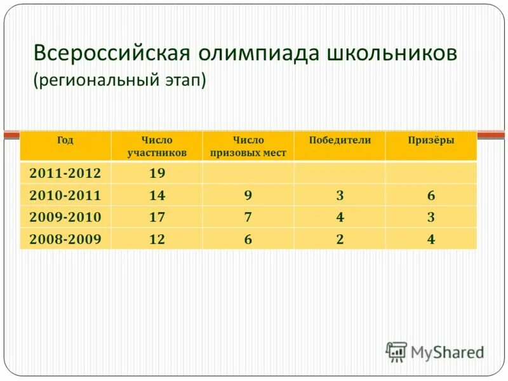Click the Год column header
coord(65,140)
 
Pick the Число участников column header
coord(157,146)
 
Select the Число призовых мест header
coord(248,146)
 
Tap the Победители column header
coord(340,140)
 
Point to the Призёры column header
coord(431,140)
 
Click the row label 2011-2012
coord(65,173)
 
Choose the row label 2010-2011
coord(65,195)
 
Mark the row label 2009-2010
coord(65,217)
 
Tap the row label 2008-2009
coord(65,239)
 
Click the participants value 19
coord(157,173)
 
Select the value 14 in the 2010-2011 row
coord(157,195)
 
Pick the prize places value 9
coord(248,195)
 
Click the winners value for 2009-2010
coord(340,217)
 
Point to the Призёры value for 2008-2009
coord(431,239)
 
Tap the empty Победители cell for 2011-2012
coord(340,173)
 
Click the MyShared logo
coord(436,351)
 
